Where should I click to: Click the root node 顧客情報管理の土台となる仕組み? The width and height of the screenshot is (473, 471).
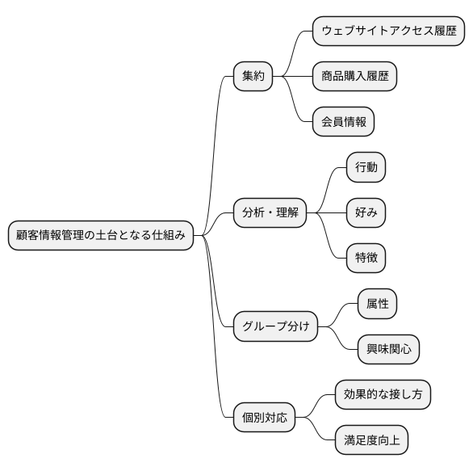pos(101,235)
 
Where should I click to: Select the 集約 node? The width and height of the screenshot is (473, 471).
pos(253,77)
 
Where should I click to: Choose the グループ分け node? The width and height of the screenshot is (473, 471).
pos(275,326)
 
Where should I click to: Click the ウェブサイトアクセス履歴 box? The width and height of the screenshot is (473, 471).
pos(388,32)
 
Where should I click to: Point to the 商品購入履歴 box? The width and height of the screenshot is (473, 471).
pos(354,77)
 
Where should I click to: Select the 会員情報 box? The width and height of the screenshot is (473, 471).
pos(343,122)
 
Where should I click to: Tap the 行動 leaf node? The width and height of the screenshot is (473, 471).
pos(366,167)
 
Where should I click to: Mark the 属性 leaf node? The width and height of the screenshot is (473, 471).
pos(377,304)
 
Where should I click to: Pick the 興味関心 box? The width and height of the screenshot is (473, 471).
pos(388,349)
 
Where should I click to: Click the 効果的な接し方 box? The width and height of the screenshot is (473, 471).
pos(383,395)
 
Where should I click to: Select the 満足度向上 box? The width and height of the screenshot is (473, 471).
pos(371,440)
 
